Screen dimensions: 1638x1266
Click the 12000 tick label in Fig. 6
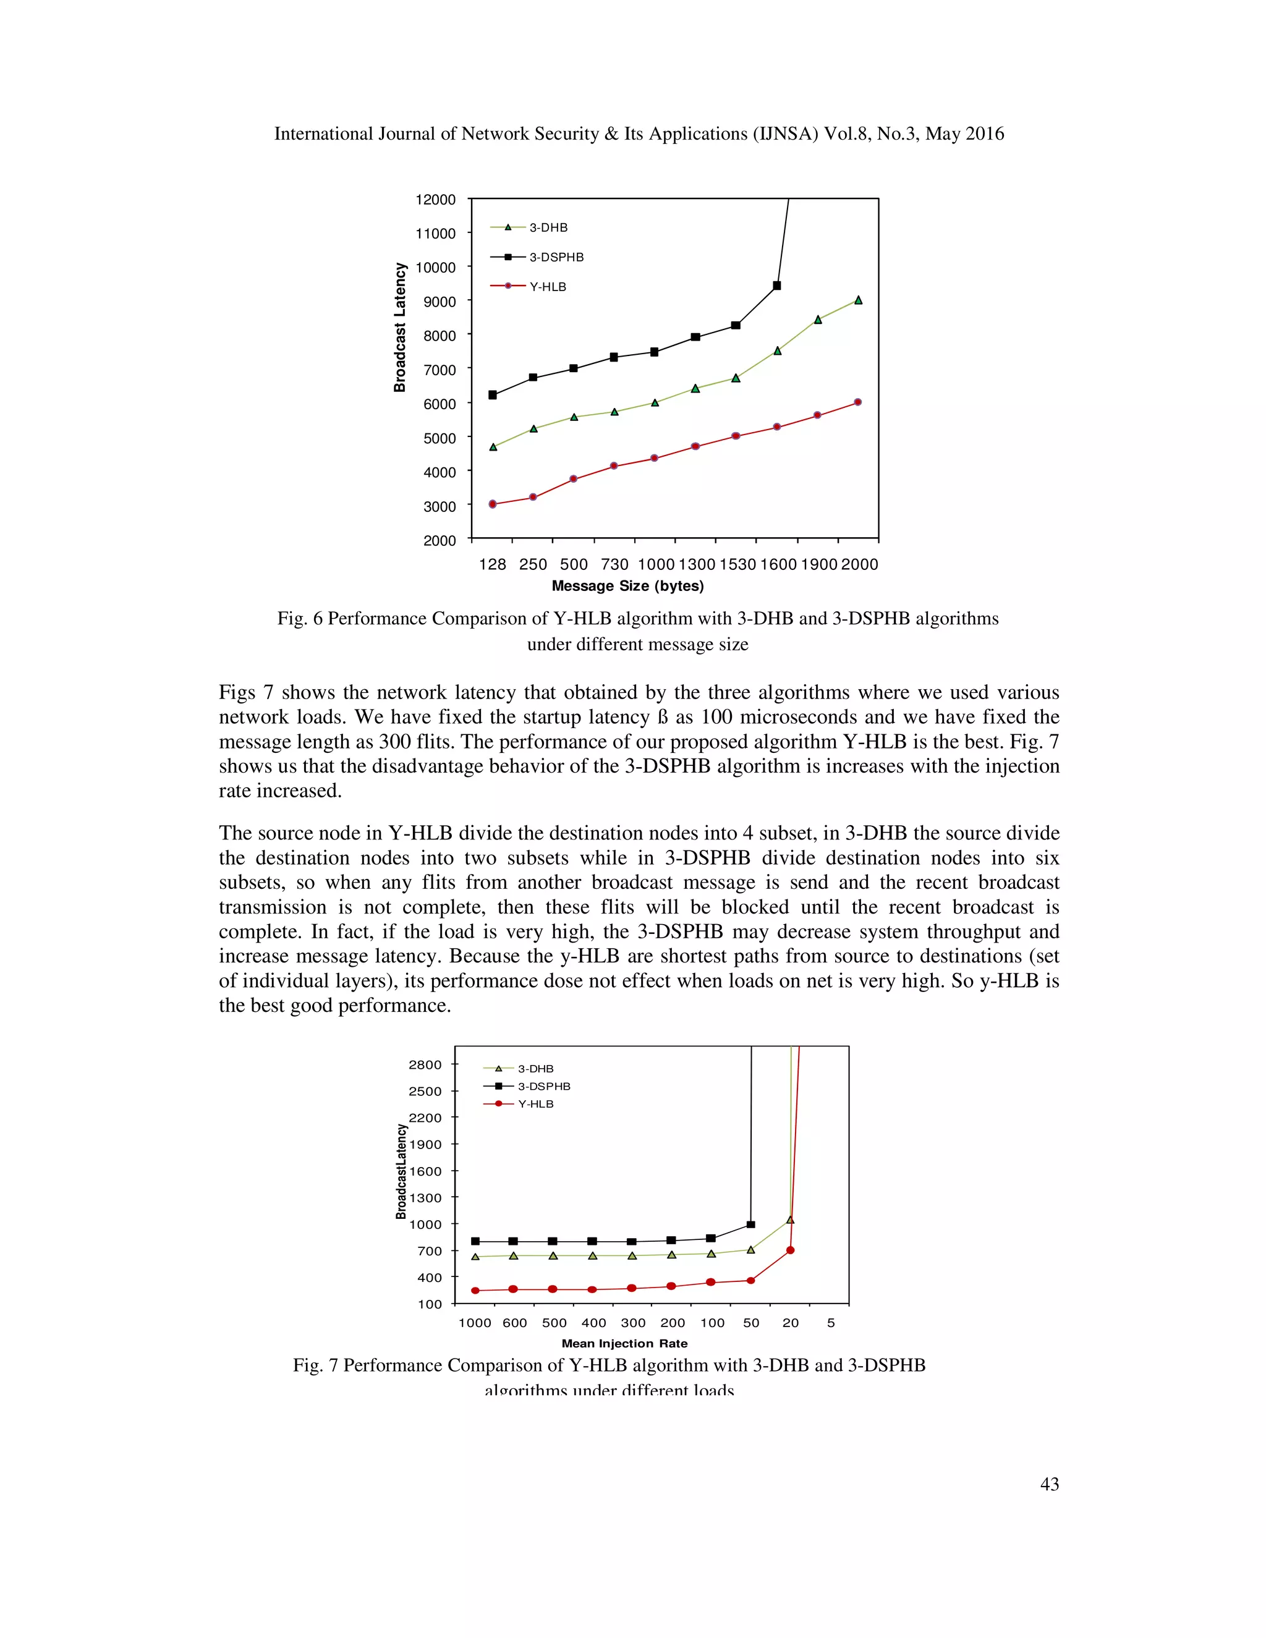click(435, 200)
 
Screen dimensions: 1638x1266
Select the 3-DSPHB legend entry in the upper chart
click(556, 257)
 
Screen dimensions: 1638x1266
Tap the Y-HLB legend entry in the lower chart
click(535, 1104)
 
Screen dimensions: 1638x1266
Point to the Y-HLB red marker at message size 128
click(493, 504)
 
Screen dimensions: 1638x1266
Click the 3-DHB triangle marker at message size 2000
click(858, 300)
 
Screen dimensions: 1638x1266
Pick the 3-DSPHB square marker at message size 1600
click(777, 286)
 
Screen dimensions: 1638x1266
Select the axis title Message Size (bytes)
click(627, 586)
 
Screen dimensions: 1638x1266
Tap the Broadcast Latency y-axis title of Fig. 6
click(401, 328)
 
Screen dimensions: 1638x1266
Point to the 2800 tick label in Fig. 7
click(425, 1065)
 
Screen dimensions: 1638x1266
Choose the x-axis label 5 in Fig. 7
click(830, 1323)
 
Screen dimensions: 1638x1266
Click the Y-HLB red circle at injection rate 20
click(790, 1250)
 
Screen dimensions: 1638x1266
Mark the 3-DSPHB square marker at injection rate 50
click(750, 1224)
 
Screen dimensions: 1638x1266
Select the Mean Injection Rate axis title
click(624, 1343)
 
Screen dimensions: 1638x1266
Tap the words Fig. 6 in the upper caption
click(299, 619)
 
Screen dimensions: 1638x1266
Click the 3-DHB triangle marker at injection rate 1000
click(475, 1256)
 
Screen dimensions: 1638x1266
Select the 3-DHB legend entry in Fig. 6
click(548, 228)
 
